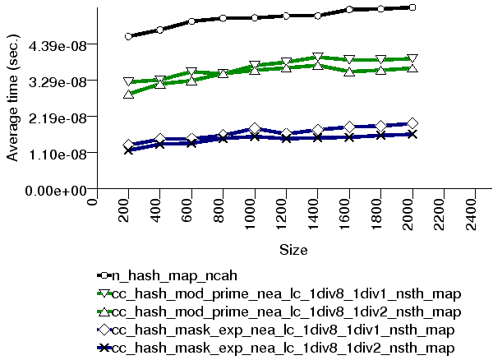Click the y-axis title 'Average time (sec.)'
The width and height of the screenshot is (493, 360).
[13, 99]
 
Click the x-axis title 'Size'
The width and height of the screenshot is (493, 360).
[293, 248]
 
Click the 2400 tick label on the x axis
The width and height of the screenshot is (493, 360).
[475, 213]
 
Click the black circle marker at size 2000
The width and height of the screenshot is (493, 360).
[412, 7]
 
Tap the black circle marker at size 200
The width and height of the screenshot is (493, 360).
[129, 36]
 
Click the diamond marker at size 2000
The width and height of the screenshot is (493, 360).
[412, 123]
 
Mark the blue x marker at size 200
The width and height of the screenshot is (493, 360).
[129, 150]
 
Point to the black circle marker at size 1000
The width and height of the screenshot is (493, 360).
[255, 17]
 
